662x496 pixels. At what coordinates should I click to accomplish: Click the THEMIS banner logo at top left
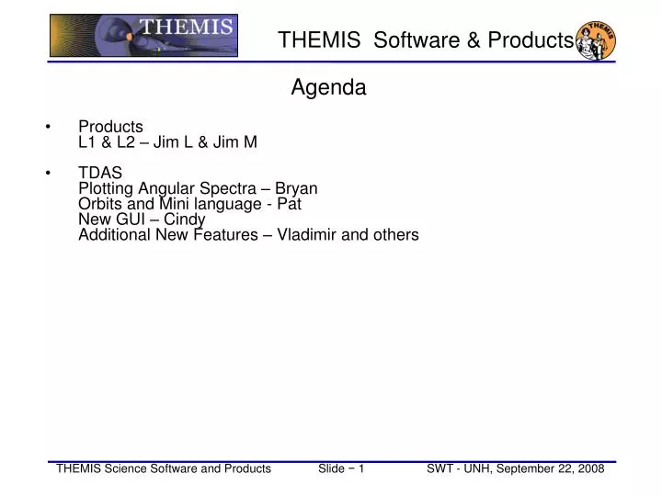pyautogui.click(x=143, y=37)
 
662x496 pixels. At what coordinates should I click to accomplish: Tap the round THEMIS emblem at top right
pyautogui.click(x=595, y=40)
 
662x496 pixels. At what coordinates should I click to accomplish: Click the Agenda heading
pyautogui.click(x=329, y=88)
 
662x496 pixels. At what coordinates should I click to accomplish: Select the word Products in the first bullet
pyautogui.click(x=110, y=126)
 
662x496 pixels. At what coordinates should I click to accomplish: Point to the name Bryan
pyautogui.click(x=296, y=188)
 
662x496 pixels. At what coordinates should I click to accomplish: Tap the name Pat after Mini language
pyautogui.click(x=290, y=203)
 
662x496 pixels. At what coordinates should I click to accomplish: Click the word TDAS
pyautogui.click(x=100, y=173)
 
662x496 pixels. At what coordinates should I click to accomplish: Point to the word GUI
pyautogui.click(x=130, y=219)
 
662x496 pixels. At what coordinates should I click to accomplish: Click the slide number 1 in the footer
pyautogui.click(x=362, y=468)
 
